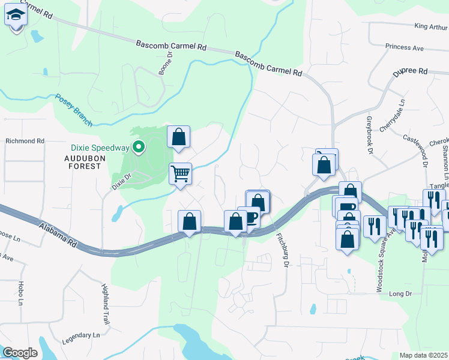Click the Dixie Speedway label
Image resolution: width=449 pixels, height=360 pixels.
(100, 148)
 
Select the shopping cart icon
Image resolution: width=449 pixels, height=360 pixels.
(180, 174)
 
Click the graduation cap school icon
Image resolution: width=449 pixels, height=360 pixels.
(16, 16)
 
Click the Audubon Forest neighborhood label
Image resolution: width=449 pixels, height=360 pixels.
(83, 162)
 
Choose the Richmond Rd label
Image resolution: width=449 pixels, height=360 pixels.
(25, 141)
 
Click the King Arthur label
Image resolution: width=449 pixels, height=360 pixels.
(431, 26)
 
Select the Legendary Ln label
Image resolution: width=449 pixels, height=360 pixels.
(80, 338)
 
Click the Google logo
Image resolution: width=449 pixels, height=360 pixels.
(20, 352)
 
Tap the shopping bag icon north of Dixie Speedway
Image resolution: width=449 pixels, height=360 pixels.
(178, 137)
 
